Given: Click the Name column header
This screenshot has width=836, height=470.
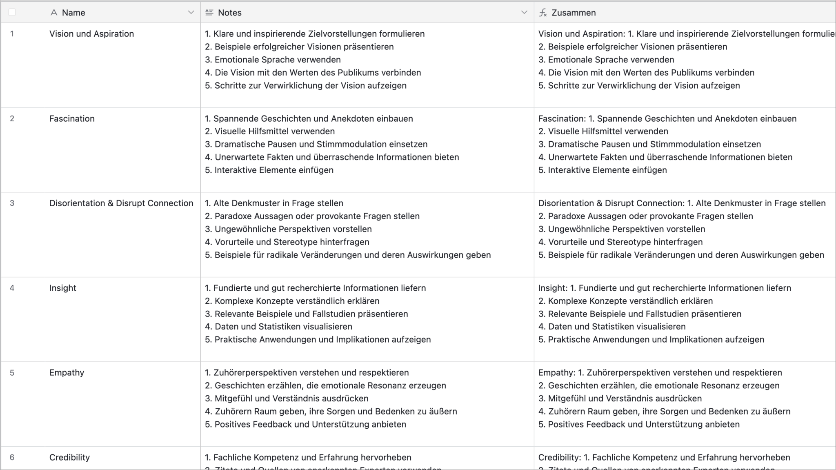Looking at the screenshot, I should point(73,13).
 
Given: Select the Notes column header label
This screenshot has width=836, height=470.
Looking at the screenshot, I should point(229,13).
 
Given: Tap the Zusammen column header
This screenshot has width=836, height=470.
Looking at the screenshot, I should point(573,13).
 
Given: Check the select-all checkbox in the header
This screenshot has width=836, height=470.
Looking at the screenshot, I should point(12,12).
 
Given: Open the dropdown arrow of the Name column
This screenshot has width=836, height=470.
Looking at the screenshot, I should point(191,12).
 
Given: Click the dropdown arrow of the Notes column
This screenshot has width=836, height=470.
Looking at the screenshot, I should point(524,12).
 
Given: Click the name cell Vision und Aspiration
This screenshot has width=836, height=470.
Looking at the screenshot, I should point(91,34).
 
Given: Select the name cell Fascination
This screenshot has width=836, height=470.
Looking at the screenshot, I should point(72,119).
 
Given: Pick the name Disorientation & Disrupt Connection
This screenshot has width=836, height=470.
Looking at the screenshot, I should point(121,203).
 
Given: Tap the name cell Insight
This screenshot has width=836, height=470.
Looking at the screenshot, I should point(63,288).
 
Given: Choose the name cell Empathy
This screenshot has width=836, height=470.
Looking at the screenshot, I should point(67,372).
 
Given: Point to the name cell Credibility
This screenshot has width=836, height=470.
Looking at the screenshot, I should point(69,457).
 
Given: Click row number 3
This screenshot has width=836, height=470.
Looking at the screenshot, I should point(12,203).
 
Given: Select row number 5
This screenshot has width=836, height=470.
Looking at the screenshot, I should point(12,372).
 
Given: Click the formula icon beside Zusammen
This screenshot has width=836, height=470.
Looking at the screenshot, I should point(543,13).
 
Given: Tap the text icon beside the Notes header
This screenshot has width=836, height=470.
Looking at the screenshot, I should point(209,13).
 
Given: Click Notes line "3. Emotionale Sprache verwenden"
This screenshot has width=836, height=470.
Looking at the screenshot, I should point(273,60).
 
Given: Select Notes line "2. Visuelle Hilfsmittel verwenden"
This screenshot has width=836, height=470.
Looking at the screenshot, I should point(270,131).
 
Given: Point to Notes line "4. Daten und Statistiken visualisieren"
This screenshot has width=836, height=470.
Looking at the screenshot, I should point(278,327).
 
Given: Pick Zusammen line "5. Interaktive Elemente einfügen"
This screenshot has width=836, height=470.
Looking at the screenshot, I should point(603,170).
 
